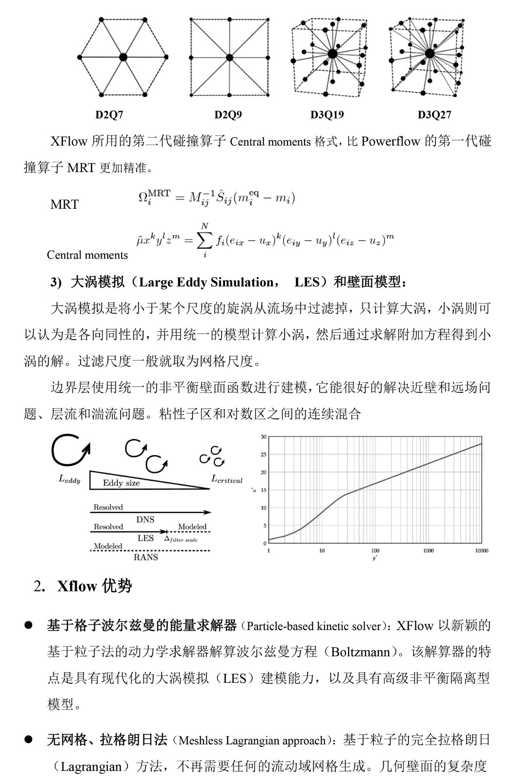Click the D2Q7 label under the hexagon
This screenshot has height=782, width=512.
click(109, 115)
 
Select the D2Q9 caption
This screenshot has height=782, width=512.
click(228, 115)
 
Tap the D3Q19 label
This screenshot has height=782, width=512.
click(327, 115)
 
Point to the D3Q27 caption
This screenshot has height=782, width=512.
click(434, 115)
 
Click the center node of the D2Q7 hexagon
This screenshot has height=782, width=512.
click(123, 57)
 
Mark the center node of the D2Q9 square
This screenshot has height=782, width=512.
click(228, 57)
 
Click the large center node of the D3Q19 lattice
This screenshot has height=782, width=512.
click(332, 54)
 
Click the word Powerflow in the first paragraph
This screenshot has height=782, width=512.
click(390, 142)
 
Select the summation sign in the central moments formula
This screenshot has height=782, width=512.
click(205, 240)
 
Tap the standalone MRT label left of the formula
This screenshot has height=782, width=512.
click(64, 204)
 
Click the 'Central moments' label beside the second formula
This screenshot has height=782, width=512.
click(87, 255)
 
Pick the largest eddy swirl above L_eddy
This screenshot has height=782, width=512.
click(70, 450)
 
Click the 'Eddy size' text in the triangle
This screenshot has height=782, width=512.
click(121, 483)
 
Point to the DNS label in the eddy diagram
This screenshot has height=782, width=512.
click(145, 520)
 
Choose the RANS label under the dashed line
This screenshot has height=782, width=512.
click(146, 557)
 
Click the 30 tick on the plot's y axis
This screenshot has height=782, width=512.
click(264, 437)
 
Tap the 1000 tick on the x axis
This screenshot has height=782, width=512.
click(428, 551)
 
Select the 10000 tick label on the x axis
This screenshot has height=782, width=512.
click(481, 551)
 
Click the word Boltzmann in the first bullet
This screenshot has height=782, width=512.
click(361, 652)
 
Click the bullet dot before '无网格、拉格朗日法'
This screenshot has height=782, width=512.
click(28, 739)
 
